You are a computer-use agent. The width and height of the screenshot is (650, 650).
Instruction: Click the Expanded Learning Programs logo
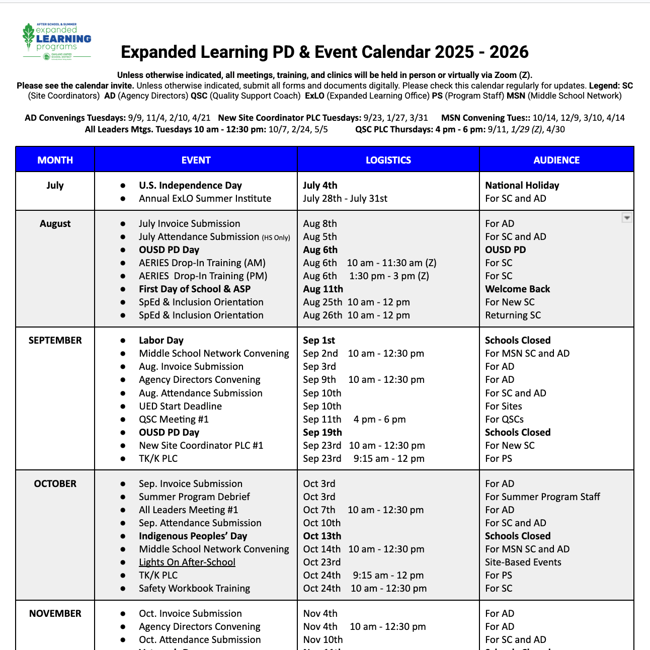tap(57, 41)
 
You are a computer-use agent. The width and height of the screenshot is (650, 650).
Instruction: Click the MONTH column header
tap(55, 160)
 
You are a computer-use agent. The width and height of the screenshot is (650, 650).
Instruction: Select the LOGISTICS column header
tap(388, 160)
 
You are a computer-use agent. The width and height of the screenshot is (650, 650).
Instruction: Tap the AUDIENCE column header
tap(556, 160)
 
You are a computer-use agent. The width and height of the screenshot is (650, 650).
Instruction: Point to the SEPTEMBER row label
tap(55, 341)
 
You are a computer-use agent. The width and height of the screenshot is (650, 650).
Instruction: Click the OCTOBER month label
tap(55, 484)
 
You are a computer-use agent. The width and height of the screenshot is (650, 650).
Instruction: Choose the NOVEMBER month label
tap(55, 614)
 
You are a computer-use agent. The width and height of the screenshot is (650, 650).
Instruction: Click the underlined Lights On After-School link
tap(187, 562)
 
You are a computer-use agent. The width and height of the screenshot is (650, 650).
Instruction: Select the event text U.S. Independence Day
tap(190, 186)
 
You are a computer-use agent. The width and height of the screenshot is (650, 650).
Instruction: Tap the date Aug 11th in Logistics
tap(323, 289)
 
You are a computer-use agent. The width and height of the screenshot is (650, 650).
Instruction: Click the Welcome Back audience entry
tap(517, 289)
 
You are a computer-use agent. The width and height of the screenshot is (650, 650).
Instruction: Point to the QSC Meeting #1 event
tap(174, 420)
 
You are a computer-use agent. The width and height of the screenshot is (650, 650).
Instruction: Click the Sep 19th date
tap(322, 433)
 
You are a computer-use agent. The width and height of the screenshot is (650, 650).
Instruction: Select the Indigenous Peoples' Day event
tap(193, 536)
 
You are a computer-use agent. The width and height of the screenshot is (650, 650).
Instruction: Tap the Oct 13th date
tap(322, 536)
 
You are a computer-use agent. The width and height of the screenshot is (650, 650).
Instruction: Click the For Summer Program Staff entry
tap(542, 497)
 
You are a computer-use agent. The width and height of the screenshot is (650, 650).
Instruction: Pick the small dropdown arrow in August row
tap(627, 218)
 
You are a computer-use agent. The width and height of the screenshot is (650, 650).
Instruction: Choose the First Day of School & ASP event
tap(195, 289)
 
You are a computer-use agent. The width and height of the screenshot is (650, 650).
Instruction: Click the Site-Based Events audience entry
tap(523, 562)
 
